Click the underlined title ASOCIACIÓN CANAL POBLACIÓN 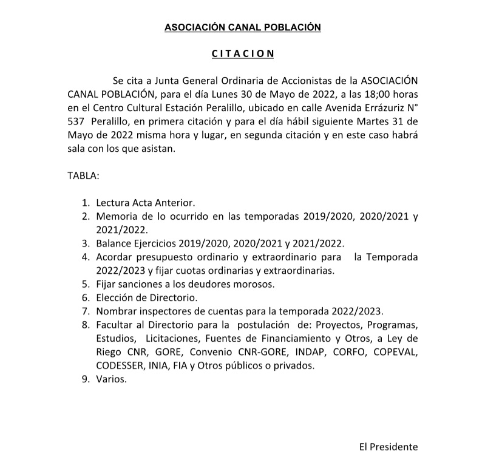pos(242,27)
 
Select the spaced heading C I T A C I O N pos(243,54)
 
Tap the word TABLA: pos(83,176)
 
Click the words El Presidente pos(388,447)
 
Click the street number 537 pos(75,121)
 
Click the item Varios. pos(111,379)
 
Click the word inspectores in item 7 pos(163,311)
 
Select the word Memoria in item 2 pos(117,216)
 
